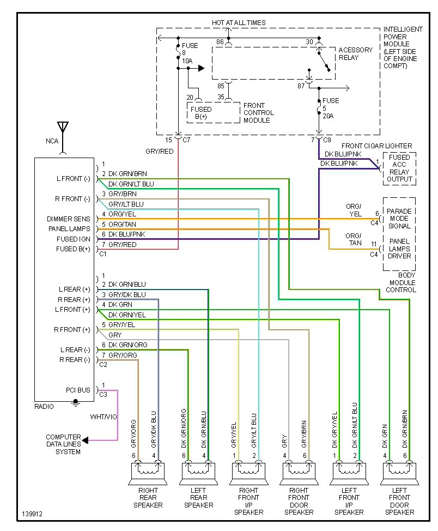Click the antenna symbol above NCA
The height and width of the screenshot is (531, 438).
[63, 129]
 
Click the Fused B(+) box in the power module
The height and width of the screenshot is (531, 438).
[201, 113]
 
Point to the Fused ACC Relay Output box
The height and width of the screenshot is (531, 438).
[399, 168]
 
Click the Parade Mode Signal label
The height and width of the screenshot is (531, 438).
[399, 218]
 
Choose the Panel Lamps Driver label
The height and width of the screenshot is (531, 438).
[399, 249]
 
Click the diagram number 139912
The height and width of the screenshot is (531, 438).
[33, 514]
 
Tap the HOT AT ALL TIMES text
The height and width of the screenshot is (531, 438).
[239, 23]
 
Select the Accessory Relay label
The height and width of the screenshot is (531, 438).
[355, 53]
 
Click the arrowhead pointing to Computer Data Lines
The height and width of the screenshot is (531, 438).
[86, 440]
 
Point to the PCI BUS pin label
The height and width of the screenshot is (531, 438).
[78, 390]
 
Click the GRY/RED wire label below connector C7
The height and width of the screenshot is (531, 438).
[159, 151]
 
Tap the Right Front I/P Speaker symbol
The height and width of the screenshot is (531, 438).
[248, 472]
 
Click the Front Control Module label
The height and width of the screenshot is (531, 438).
[258, 113]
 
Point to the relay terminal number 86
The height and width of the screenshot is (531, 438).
[220, 41]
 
